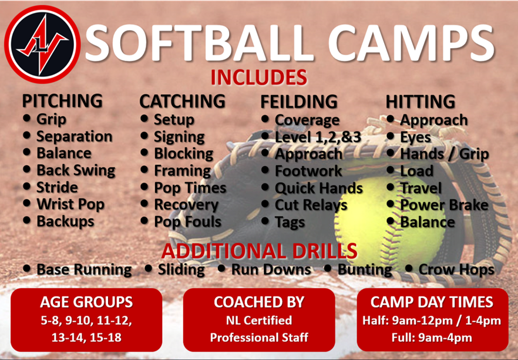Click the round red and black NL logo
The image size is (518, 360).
(42, 44)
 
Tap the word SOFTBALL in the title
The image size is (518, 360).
(200, 43)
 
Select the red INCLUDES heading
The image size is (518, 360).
(259, 78)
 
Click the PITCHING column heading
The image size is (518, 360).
(62, 101)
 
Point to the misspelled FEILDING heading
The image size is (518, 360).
(299, 102)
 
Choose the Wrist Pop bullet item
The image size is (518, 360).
(70, 204)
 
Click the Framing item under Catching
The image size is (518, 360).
(182, 171)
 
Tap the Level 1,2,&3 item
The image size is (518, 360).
(318, 137)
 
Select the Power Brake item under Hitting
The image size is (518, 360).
(444, 205)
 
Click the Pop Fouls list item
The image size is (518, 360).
(188, 221)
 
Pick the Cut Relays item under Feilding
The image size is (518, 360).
(311, 205)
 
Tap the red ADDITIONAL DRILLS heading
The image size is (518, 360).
(260, 251)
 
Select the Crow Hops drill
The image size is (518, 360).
(456, 270)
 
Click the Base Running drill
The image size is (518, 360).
(84, 270)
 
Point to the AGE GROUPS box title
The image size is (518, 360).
(86, 302)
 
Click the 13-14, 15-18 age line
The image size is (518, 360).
(86, 337)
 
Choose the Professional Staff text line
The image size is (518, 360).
(259, 337)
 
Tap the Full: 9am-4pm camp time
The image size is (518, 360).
(432, 338)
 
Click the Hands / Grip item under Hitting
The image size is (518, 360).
(445, 154)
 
